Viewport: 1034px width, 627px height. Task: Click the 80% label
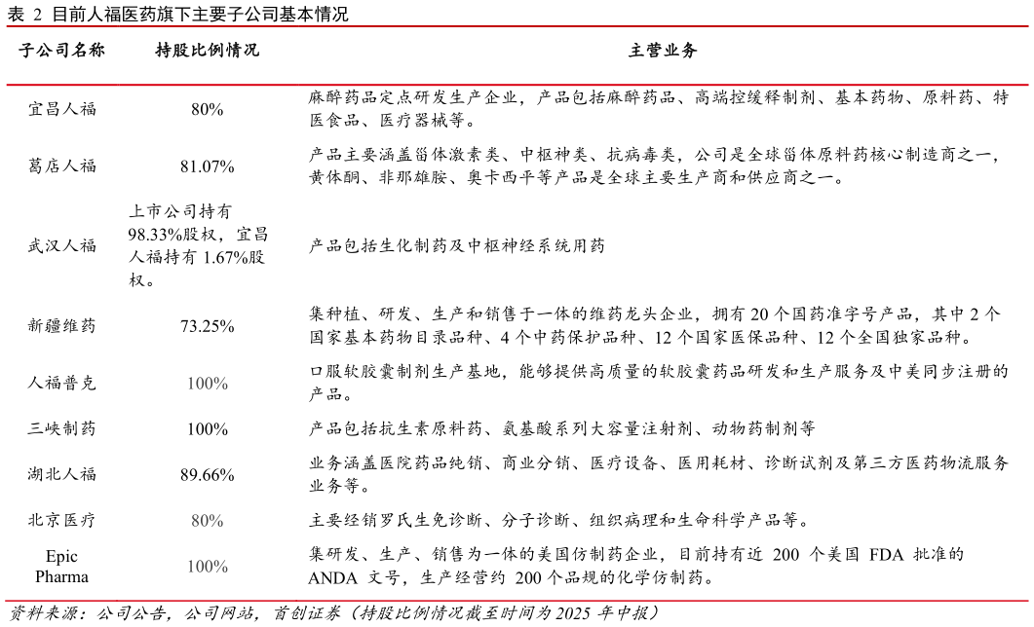click(207, 521)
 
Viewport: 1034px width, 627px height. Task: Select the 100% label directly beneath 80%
click(207, 566)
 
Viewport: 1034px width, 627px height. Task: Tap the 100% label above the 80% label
click(207, 384)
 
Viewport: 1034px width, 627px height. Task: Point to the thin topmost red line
click(517, 26)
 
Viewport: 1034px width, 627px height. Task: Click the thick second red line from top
click(517, 86)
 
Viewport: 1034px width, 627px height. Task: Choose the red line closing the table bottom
click(517, 601)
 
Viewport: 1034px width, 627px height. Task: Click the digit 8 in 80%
click(196, 521)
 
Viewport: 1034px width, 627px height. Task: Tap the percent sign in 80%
click(215, 521)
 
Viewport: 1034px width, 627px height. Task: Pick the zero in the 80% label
click(205, 521)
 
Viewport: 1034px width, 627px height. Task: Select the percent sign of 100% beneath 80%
click(220, 566)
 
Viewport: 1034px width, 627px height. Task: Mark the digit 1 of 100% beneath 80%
click(191, 566)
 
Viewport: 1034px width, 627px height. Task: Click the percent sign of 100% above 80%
click(220, 384)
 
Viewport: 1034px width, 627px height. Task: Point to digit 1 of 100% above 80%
click(191, 384)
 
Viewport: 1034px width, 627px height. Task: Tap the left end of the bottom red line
click(8, 601)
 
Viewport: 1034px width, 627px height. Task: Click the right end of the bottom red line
click(1026, 601)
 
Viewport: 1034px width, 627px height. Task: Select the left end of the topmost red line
click(8, 26)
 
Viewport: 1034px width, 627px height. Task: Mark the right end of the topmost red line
click(1026, 26)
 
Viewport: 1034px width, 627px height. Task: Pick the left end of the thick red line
click(8, 86)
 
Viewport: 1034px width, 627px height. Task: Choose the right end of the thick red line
click(1026, 86)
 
